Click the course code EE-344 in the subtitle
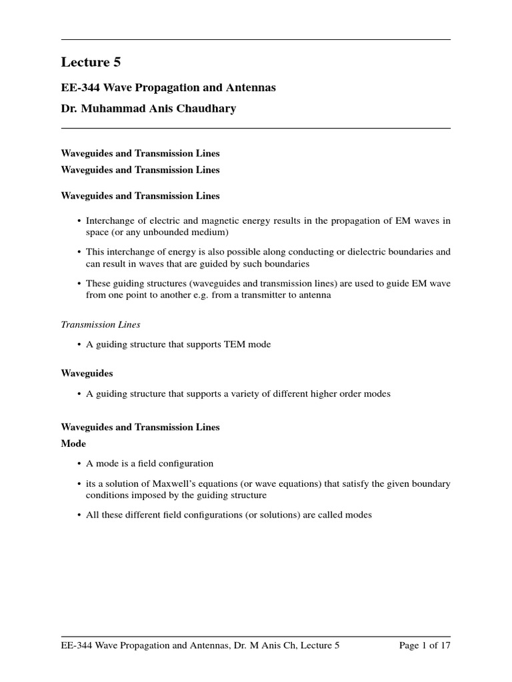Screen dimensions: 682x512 [78, 87]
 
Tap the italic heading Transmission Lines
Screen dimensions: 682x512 [101, 324]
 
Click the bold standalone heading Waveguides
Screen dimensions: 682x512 [87, 374]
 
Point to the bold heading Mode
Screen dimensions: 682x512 [73, 443]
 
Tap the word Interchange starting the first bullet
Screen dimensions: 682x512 [111, 220]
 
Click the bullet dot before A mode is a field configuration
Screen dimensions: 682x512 [79, 464]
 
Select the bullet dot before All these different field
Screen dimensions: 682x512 [79, 515]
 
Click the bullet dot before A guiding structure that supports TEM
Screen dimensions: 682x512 [79, 344]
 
